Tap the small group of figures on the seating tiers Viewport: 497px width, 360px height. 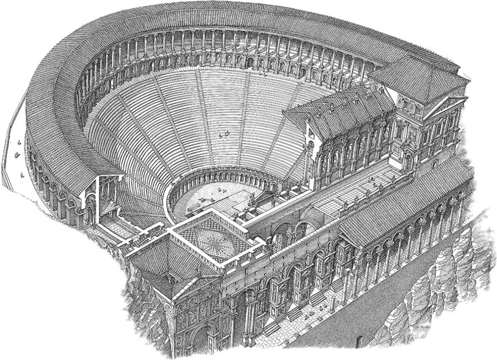tap(224, 134)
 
